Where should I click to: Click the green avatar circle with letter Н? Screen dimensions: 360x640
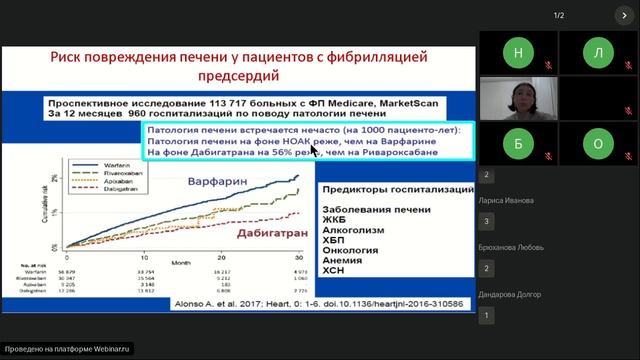pyautogui.click(x=517, y=51)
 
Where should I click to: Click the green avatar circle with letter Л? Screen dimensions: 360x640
pyautogui.click(x=598, y=51)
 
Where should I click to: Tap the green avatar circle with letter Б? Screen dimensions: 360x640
pyautogui.click(x=517, y=143)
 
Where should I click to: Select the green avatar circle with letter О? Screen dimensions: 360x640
pyautogui.click(x=598, y=143)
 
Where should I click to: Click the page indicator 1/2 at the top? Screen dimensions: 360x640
pyautogui.click(x=560, y=14)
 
